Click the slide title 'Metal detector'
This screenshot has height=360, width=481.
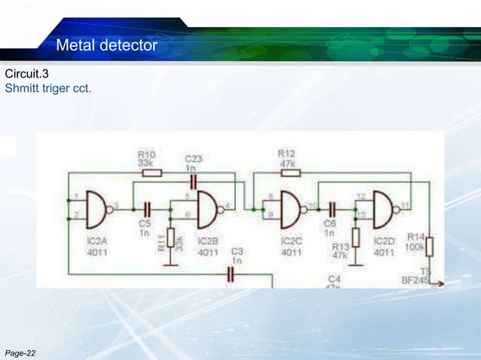pos(106,47)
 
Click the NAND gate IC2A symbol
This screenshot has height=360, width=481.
pos(98,209)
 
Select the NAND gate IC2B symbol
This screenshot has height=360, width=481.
pos(207,209)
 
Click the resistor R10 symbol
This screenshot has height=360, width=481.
pos(152,172)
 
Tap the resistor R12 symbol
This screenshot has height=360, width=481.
pos(290,172)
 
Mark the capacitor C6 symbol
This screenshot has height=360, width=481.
pos(330,209)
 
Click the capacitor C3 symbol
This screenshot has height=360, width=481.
pos(232,274)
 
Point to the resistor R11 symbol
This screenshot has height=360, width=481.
pos(170,239)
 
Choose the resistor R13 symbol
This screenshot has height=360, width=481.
pos(356,237)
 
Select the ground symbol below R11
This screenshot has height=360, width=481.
pos(170,263)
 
